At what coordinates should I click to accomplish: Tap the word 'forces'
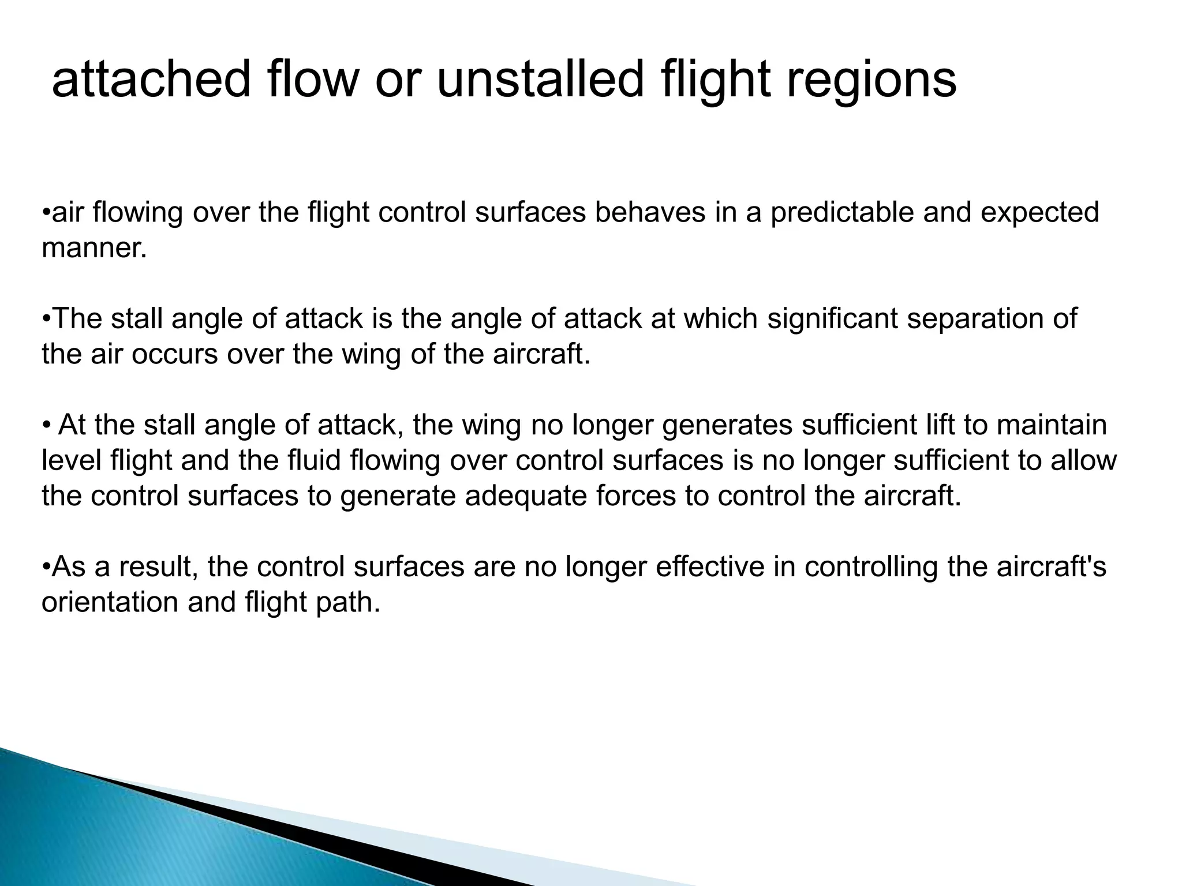tap(636, 496)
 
